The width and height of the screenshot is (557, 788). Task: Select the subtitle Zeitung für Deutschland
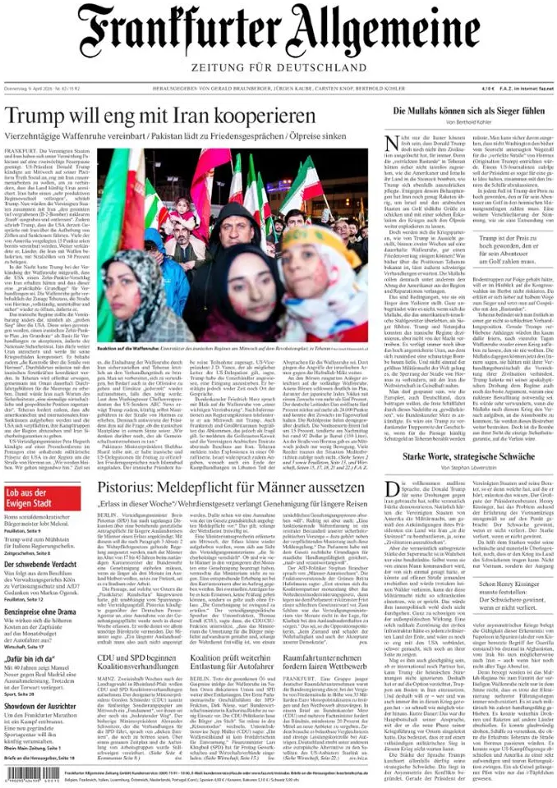[278, 66]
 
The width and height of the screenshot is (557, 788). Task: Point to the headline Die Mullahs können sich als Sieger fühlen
[468, 111]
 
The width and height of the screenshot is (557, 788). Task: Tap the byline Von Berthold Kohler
[468, 122]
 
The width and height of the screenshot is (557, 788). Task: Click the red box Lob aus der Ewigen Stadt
[36, 497]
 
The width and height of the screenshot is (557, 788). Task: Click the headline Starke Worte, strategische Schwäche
[468, 458]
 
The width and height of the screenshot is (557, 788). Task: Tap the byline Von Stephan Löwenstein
[468, 470]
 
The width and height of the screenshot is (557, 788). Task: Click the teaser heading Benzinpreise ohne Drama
[41, 612]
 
